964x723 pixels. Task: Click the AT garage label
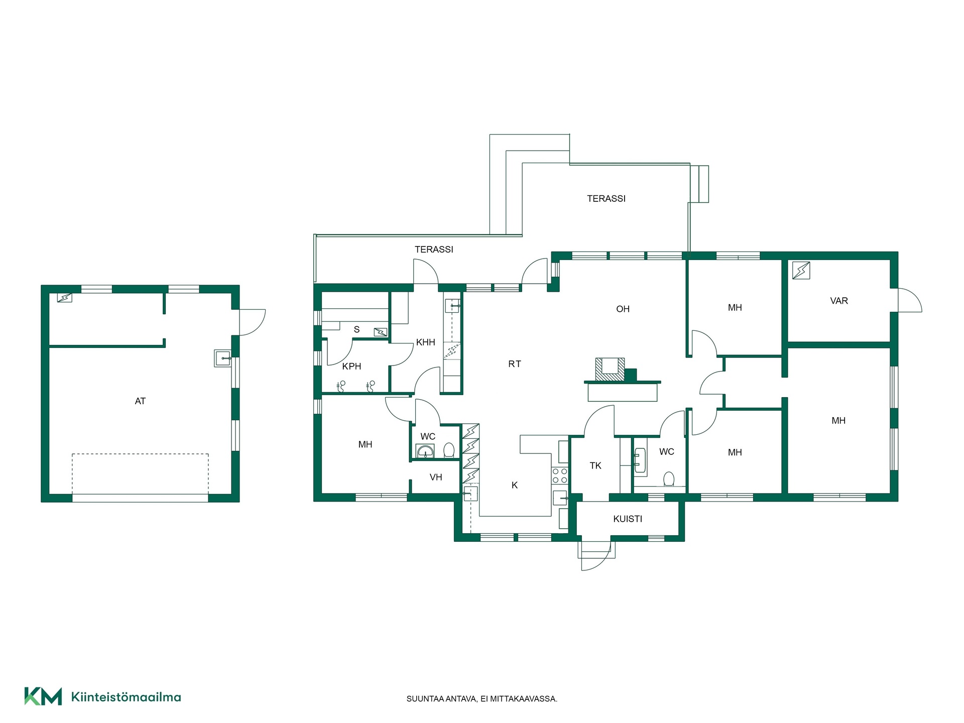[x=140, y=401]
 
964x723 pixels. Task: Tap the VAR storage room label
[x=839, y=301]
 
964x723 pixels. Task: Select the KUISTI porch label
[x=628, y=519]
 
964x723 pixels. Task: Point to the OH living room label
[x=623, y=309]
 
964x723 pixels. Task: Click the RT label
[x=515, y=364]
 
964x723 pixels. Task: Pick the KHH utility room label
[x=426, y=342]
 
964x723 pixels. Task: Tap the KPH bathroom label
[x=351, y=367]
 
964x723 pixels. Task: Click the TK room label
[x=595, y=466]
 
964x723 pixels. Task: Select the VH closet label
[x=436, y=477]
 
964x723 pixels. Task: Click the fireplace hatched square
[x=610, y=369]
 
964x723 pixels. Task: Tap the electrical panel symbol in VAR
[x=801, y=271]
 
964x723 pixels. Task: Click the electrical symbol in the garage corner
[x=65, y=298]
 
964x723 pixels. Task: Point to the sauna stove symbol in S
[x=381, y=332]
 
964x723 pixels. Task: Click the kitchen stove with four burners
[x=560, y=475]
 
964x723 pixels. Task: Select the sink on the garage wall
[x=223, y=358]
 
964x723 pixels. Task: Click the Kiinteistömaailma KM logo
[x=43, y=696]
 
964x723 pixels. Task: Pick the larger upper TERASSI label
[x=607, y=199]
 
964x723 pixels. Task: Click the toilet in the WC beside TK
[x=669, y=479]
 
